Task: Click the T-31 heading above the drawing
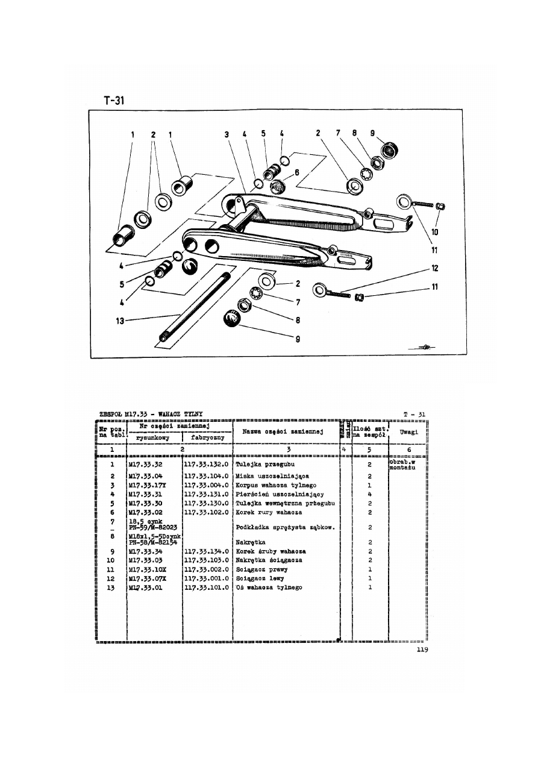[x=114, y=101]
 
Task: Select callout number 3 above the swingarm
[x=227, y=136]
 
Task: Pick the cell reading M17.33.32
[x=142, y=465]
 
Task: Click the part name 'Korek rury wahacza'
[x=269, y=512]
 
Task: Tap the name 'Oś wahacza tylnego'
[x=269, y=587]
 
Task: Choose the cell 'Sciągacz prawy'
[x=262, y=569]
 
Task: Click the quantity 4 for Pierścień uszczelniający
[x=369, y=494]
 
